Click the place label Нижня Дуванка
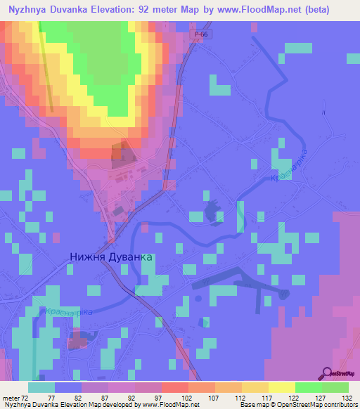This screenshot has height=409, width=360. (111, 257)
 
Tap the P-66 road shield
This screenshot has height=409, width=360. (198, 34)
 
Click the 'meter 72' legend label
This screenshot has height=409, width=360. (15, 397)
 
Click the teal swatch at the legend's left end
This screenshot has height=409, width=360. (41, 387)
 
